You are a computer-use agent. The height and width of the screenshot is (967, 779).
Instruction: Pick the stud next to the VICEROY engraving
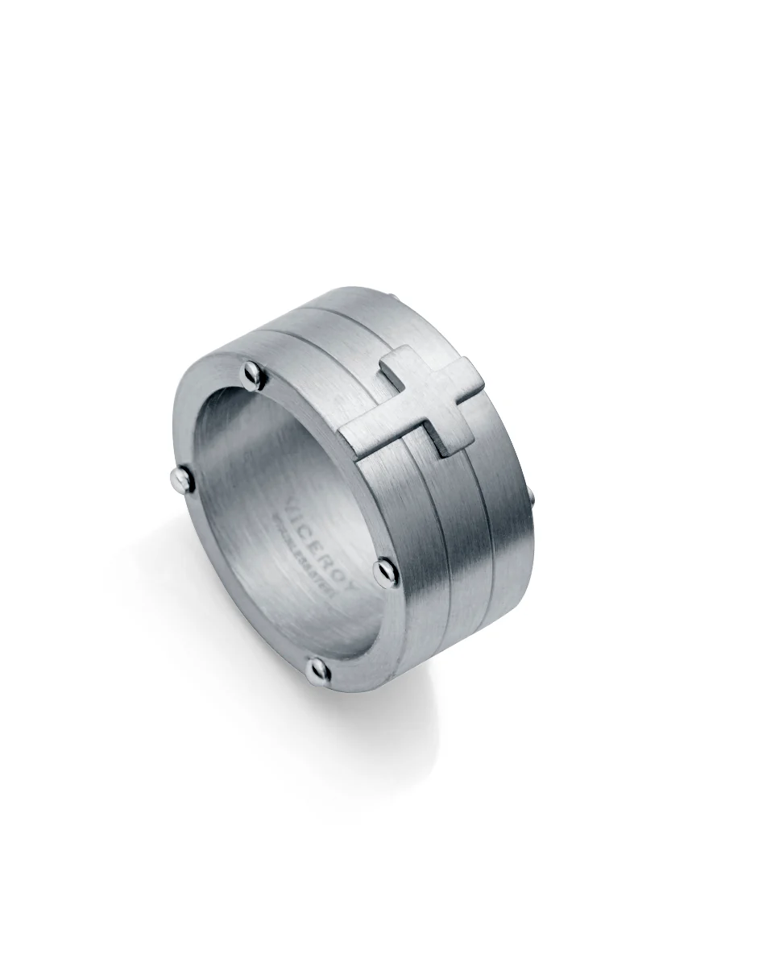pos(385,571)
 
